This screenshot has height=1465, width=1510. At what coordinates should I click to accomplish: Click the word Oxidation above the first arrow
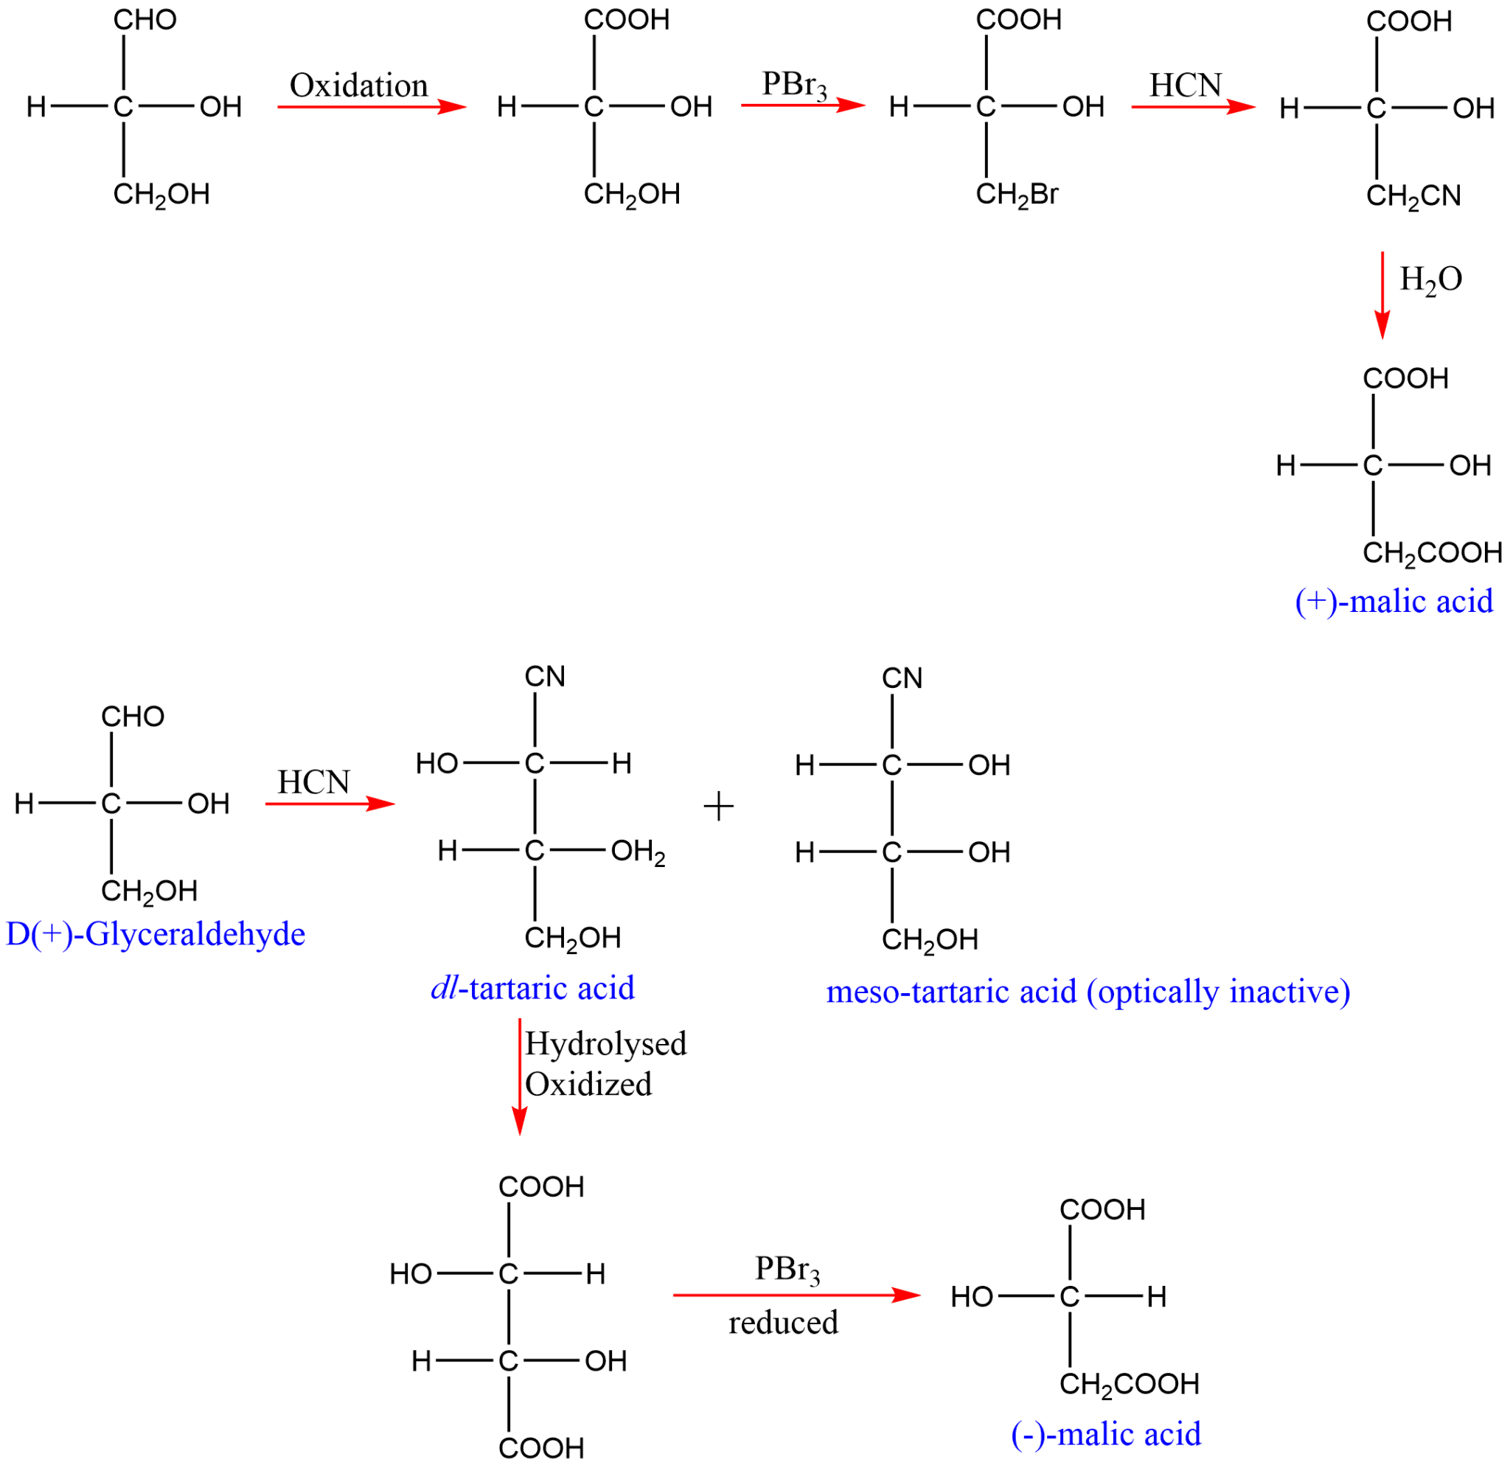point(358,86)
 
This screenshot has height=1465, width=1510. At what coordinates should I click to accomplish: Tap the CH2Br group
point(1016,194)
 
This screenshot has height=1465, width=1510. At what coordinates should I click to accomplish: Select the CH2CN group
point(1413,196)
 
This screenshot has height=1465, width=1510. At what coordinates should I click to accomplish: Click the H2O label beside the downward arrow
point(1430,279)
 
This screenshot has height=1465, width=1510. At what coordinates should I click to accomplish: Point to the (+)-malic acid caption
point(1394,601)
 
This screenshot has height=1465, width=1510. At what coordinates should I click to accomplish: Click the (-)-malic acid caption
point(1105,1433)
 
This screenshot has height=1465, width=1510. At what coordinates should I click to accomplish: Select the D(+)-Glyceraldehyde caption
point(156,933)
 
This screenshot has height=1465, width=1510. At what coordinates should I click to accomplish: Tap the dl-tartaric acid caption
point(532,987)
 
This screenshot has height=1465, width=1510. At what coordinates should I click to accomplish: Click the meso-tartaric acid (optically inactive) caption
point(1088,992)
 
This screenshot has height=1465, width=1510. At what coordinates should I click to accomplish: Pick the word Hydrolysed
point(605,1044)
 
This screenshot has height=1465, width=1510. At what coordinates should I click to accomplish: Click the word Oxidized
point(588,1084)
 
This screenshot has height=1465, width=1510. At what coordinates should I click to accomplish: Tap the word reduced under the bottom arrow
point(783,1323)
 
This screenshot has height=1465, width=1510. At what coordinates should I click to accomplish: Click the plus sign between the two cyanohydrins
point(718,807)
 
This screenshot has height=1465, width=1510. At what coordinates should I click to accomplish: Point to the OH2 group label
point(637,852)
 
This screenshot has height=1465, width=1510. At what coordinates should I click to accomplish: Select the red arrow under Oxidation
point(372,106)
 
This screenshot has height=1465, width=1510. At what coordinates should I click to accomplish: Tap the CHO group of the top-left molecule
point(145,20)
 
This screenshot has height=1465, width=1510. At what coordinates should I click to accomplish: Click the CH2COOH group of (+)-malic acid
point(1431,552)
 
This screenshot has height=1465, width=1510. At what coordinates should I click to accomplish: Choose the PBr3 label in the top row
point(793,85)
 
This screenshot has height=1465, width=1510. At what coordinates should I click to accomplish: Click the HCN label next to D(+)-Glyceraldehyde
point(313,782)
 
